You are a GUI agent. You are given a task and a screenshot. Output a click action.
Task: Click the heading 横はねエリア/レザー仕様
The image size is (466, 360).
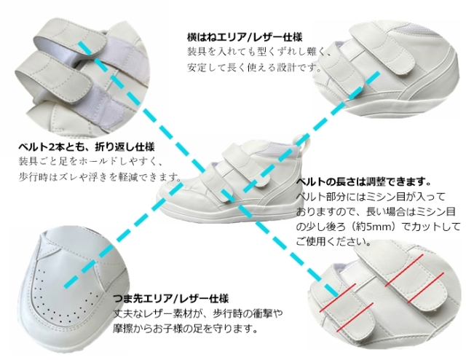click(245, 37)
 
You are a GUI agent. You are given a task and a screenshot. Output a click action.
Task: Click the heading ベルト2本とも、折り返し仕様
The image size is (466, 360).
click(87, 147)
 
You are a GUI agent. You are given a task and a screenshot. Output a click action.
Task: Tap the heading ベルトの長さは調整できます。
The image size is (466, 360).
click(364, 181)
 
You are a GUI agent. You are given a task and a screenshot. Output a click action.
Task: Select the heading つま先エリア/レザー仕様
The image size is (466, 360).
click(171, 298)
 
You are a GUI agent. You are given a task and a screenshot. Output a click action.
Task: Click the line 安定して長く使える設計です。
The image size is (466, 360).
click(255, 68)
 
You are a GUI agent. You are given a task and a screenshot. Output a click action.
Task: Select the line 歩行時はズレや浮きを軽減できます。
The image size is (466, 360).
click(100, 177)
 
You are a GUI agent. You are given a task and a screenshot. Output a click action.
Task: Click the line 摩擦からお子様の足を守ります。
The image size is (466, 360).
click(185, 329)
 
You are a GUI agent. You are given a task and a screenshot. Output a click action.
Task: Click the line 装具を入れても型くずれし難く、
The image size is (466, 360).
click(258, 52)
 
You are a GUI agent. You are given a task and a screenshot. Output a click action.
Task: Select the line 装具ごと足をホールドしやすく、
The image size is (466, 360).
click(90, 162)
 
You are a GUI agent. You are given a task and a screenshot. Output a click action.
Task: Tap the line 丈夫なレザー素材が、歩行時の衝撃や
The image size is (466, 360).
click(197, 313)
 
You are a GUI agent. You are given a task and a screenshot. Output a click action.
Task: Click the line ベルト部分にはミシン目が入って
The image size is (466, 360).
click(371, 197)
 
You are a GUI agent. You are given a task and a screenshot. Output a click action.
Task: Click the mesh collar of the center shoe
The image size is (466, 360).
click(281, 149)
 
